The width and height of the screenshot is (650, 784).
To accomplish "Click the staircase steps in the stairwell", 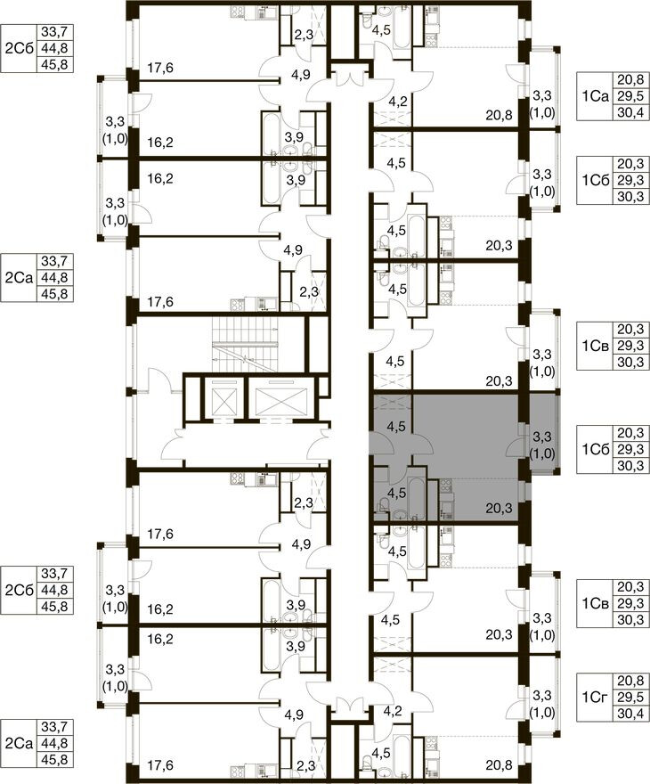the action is tap(244, 344).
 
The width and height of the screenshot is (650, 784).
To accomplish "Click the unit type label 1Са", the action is tap(595, 96).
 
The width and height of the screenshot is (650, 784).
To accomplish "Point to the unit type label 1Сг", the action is tap(595, 697).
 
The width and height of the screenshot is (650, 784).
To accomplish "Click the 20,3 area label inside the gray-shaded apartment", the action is tap(499, 509).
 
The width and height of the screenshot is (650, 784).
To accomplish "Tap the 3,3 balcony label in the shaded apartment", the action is tap(542, 437).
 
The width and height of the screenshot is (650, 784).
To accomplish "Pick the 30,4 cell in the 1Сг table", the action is tap(631, 713).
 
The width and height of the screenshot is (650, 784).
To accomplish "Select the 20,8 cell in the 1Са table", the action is tap(631, 79).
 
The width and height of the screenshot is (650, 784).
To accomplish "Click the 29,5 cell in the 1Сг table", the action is tap(631, 697).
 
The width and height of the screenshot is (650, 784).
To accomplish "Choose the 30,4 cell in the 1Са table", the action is tap(631, 112).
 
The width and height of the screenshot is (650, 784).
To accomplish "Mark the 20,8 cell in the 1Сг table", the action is tap(631, 681).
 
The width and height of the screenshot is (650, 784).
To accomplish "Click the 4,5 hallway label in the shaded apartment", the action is tap(396, 427).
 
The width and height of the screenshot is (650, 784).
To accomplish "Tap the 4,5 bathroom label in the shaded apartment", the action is tap(397, 494).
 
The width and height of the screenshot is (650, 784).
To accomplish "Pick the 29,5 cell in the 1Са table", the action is tap(631, 96).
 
